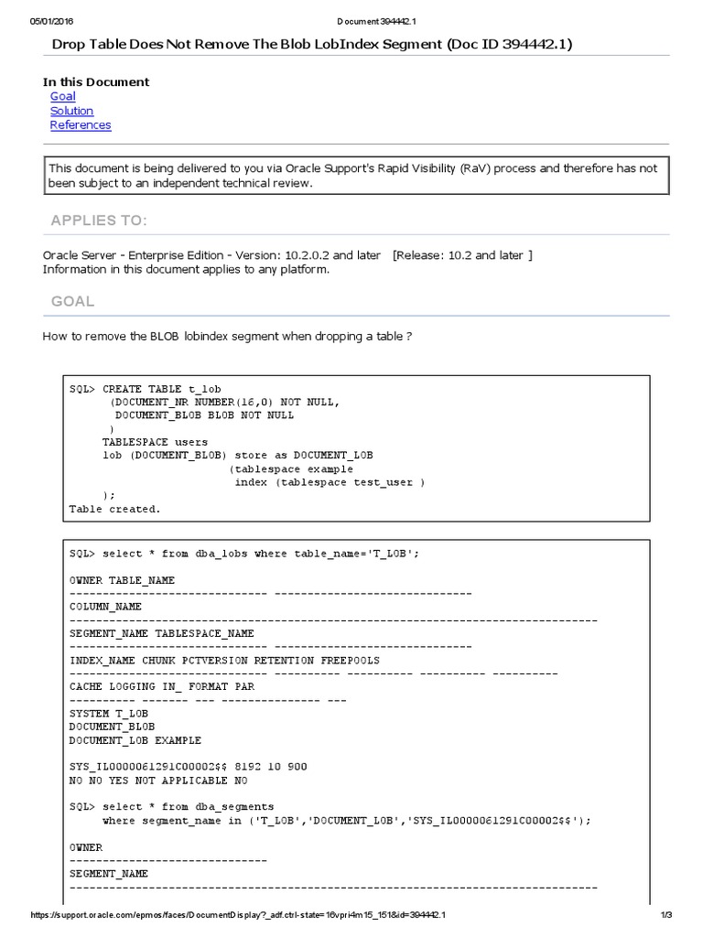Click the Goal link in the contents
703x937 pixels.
coord(62,96)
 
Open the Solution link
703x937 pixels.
coord(71,111)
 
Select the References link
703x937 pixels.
coord(81,125)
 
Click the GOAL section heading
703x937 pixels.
coord(72,301)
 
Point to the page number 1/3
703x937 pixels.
coord(666,915)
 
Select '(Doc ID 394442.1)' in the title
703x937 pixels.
coord(510,44)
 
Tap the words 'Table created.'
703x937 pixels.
coord(114,509)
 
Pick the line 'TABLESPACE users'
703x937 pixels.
coord(155,442)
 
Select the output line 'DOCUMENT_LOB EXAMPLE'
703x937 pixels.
coord(135,740)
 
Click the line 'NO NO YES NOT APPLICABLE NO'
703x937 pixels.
coord(157,781)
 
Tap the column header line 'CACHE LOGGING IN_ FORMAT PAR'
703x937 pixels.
coord(161,686)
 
